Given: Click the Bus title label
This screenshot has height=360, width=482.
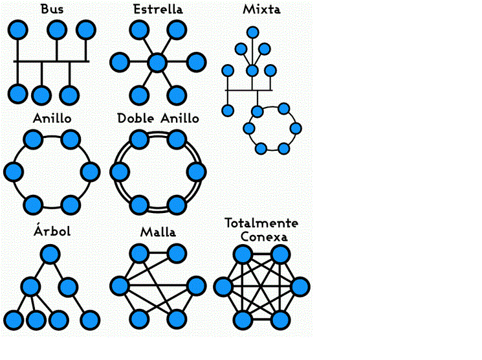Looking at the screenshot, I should click(52, 9).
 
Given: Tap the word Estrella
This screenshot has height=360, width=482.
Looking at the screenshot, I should click(157, 9).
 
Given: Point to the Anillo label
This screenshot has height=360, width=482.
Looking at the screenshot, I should click(52, 118).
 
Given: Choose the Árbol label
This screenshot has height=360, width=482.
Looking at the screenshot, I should click(52, 231).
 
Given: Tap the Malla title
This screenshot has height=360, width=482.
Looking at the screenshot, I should click(158, 231).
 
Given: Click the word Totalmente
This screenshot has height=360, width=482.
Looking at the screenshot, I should click(261, 223).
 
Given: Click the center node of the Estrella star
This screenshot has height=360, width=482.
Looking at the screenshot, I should click(157, 62).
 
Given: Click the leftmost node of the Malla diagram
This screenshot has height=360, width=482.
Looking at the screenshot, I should click(120, 286).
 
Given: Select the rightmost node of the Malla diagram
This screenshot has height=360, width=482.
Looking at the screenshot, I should click(196, 286).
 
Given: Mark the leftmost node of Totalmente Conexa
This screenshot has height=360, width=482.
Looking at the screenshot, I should click(223, 286).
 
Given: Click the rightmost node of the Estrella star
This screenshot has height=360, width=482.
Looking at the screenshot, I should click(196, 62).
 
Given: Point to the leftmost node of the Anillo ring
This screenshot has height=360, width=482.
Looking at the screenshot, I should click(13, 172).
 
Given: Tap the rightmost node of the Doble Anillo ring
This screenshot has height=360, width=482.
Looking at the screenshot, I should click(196, 172).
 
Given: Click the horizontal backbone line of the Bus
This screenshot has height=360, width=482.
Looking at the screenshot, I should click(52, 62).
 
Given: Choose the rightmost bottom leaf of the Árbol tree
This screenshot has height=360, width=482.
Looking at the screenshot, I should click(89, 319).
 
